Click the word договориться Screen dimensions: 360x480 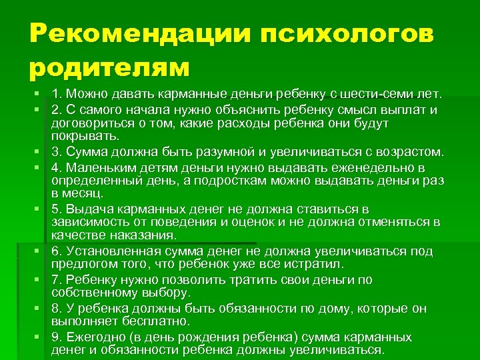click(x=89, y=124)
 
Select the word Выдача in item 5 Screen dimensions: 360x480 click(x=89, y=209)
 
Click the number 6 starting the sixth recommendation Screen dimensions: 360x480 click(x=55, y=251)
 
